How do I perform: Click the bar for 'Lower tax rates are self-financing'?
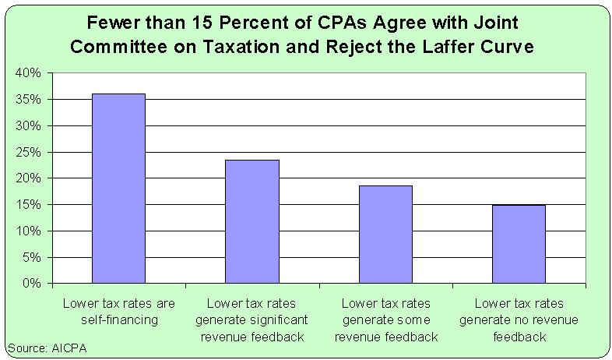(118, 189)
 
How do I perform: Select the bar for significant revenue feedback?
(252, 221)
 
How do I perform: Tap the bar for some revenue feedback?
(385, 235)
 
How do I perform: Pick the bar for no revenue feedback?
(519, 244)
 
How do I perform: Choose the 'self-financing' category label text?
(118, 319)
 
